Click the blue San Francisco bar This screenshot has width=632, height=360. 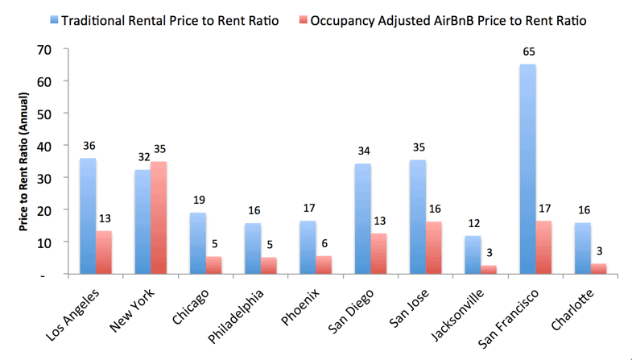(528, 169)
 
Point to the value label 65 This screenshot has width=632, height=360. (528, 52)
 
